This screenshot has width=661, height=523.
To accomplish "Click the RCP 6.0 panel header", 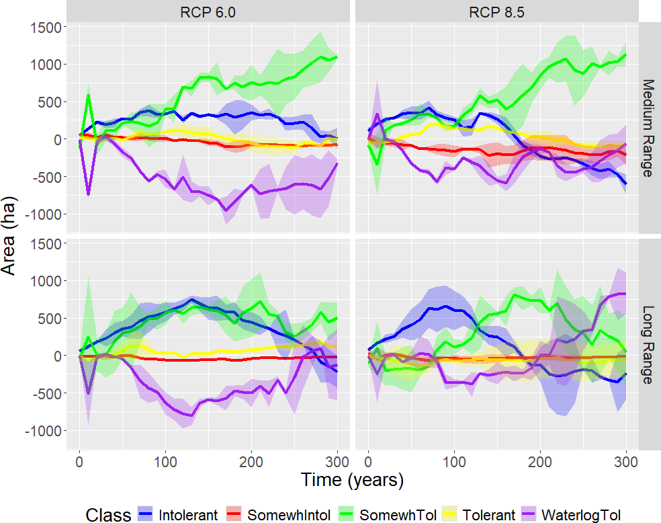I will (x=208, y=11).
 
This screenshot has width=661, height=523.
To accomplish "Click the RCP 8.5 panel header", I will (x=496, y=11).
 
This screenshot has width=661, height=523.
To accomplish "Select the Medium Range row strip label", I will (x=649, y=128).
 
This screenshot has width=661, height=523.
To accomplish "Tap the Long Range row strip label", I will (x=649, y=345).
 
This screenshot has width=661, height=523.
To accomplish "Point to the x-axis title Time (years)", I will (x=352, y=480).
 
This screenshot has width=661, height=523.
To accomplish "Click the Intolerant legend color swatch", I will (x=146, y=515).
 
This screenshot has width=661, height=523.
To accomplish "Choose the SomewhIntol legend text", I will (x=289, y=516).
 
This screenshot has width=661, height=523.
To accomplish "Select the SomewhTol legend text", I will (x=398, y=516).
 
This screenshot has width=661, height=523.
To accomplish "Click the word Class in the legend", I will (x=108, y=516).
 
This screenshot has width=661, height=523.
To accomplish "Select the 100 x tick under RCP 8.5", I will (x=454, y=462).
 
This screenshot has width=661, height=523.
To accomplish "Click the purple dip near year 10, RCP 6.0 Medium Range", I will (x=88, y=194).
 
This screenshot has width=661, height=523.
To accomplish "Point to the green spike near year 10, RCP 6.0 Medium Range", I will (x=88, y=95).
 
